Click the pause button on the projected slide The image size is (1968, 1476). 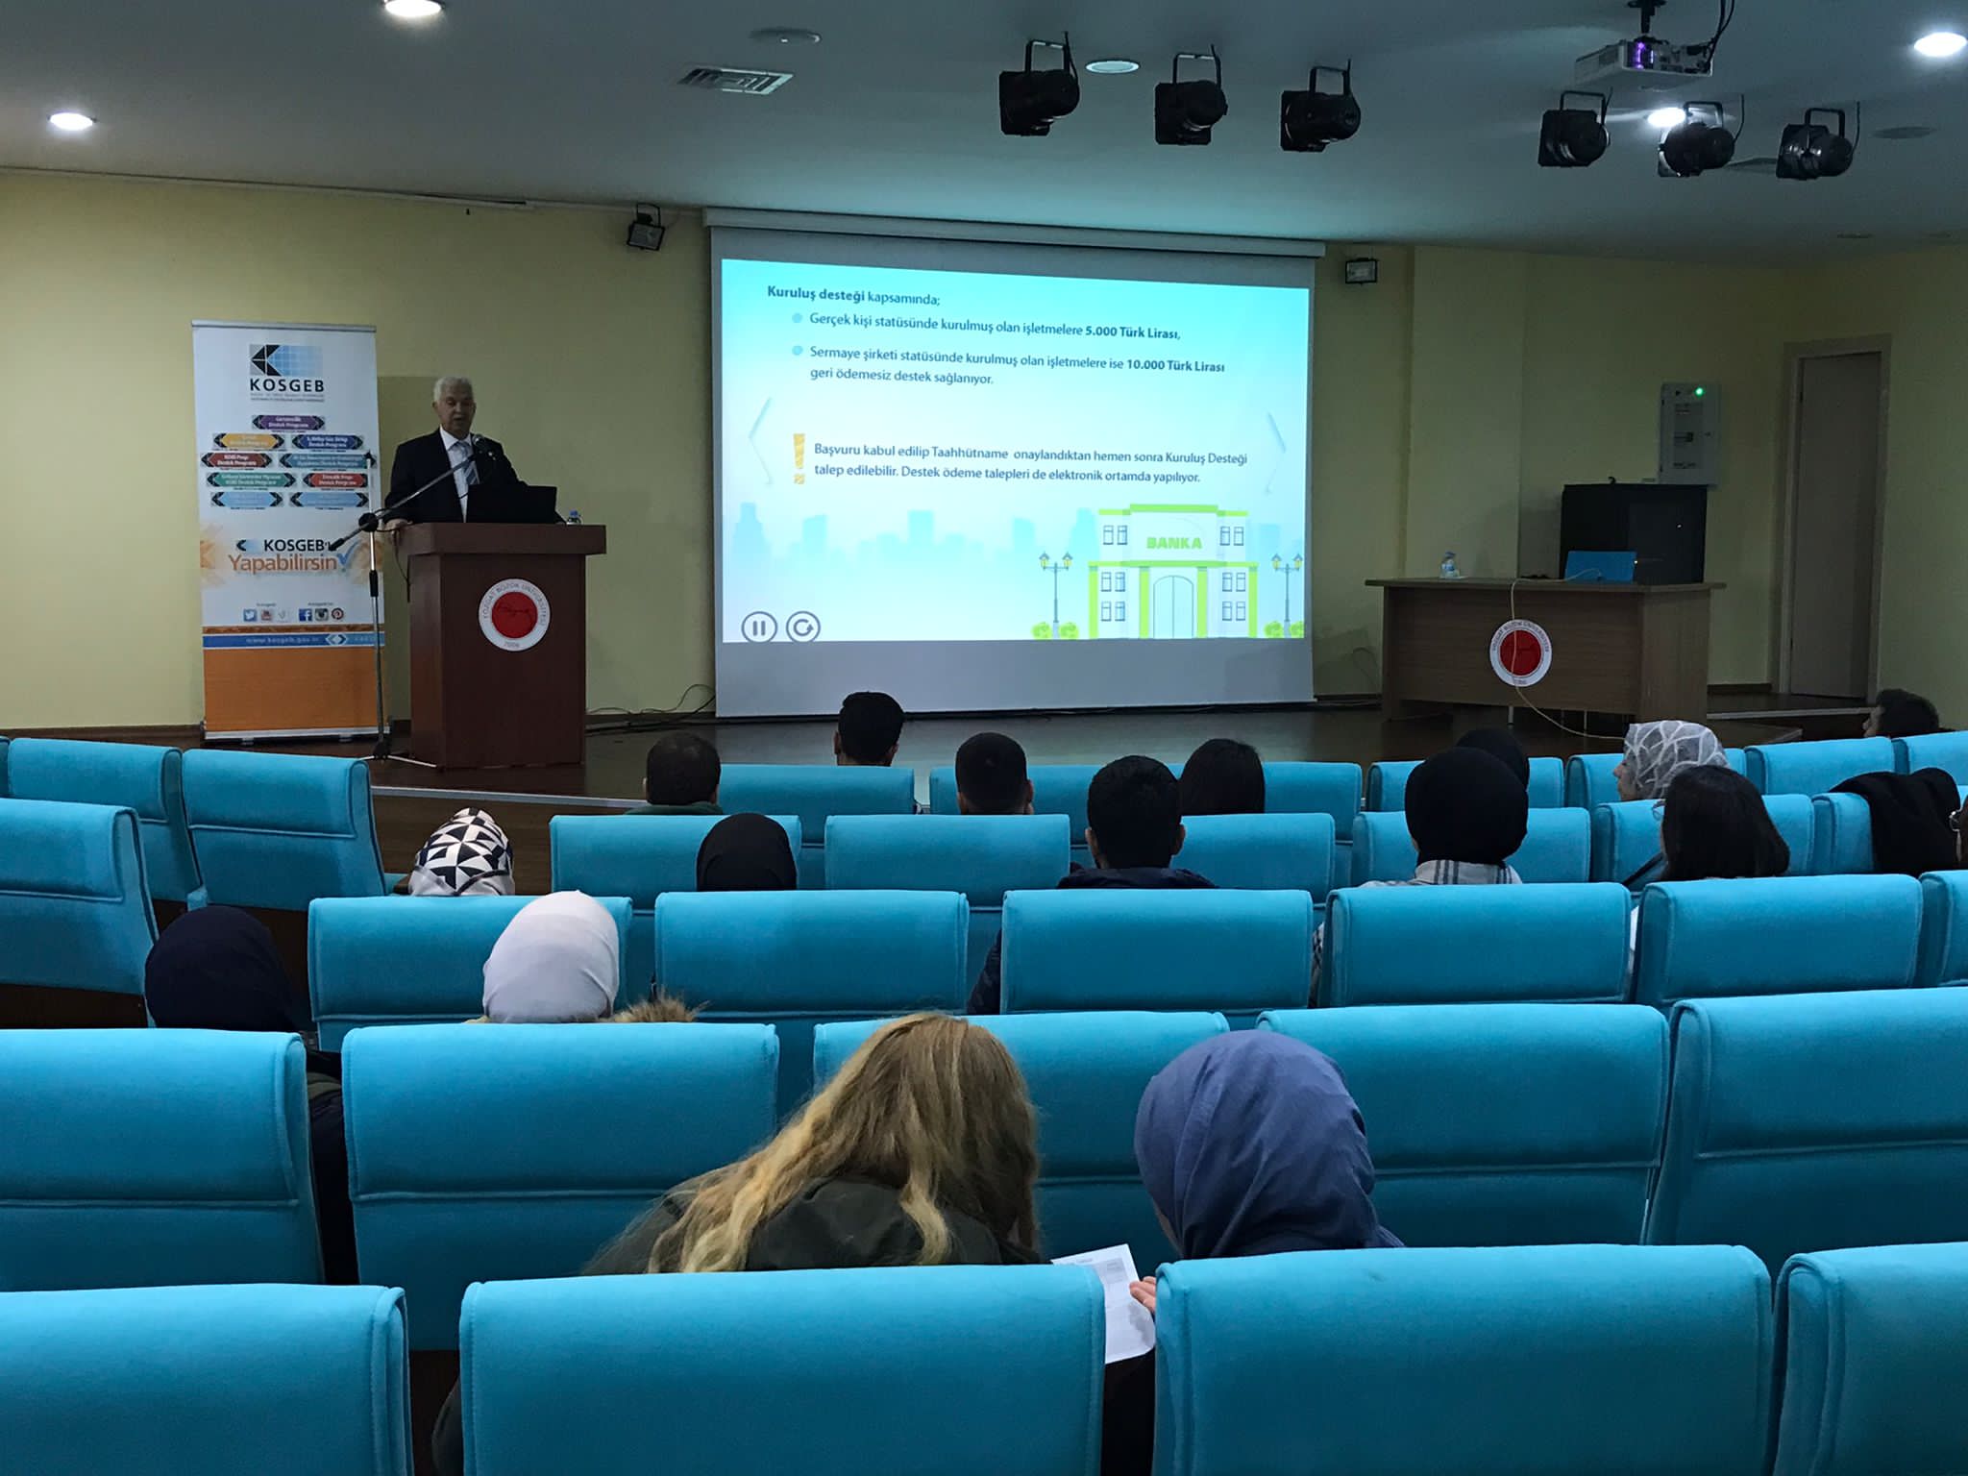[758, 627]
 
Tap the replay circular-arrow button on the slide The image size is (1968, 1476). [803, 627]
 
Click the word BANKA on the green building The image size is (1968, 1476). [1173, 543]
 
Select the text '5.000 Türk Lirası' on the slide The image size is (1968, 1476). [1132, 332]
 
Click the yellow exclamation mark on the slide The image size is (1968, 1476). [797, 459]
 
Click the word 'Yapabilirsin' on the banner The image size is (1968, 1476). [284, 562]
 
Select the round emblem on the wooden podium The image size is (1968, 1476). [514, 614]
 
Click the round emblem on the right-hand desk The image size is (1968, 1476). [1519, 652]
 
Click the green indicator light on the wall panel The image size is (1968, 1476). [1698, 392]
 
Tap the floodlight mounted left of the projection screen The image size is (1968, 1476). [645, 231]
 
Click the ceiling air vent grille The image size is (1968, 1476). [735, 79]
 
